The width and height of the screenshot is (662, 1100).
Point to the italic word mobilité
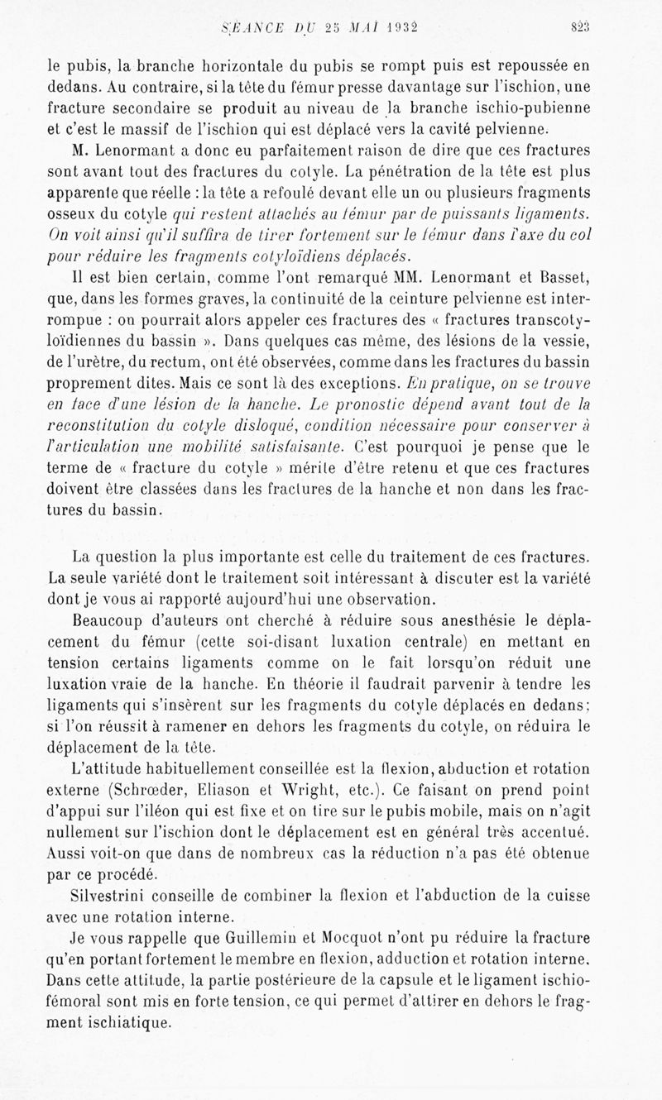point(216,447)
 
